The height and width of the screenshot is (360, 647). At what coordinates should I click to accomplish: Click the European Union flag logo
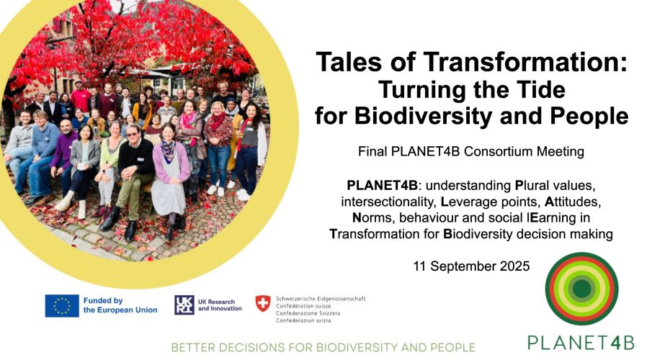[x=62, y=305]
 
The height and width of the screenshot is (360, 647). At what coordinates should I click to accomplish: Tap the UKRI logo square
[x=184, y=305]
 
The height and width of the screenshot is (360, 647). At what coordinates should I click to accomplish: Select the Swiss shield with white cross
[x=263, y=304]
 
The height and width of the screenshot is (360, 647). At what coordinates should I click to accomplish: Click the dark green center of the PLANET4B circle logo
[x=581, y=288]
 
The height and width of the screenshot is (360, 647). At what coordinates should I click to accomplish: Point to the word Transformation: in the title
[x=525, y=62]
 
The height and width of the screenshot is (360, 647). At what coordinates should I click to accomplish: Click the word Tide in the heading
[x=543, y=89]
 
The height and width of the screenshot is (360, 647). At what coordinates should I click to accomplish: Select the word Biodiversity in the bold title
[x=424, y=116]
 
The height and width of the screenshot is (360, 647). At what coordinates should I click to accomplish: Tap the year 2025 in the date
[x=514, y=266]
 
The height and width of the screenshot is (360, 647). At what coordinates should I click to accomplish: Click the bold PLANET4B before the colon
[x=382, y=186]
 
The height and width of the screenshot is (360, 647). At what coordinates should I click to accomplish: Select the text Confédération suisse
[x=303, y=306]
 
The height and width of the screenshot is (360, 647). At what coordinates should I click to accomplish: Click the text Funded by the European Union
[x=120, y=305]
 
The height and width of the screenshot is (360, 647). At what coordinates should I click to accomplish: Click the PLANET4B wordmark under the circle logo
[x=581, y=343]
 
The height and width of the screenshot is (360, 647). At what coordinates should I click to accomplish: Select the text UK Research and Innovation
[x=220, y=305]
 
